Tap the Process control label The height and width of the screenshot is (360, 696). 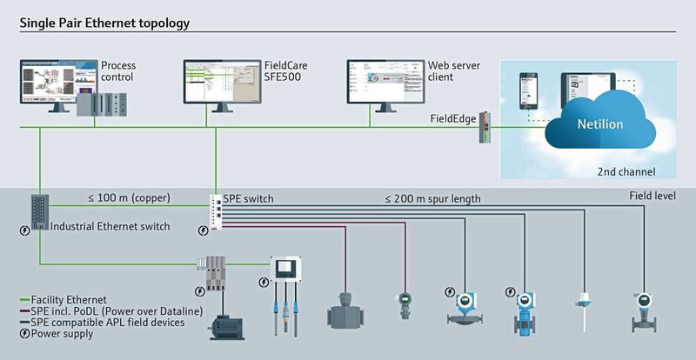(x=118, y=71)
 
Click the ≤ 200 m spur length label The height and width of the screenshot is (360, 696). (x=432, y=199)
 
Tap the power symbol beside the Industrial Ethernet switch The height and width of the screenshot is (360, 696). (x=24, y=230)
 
